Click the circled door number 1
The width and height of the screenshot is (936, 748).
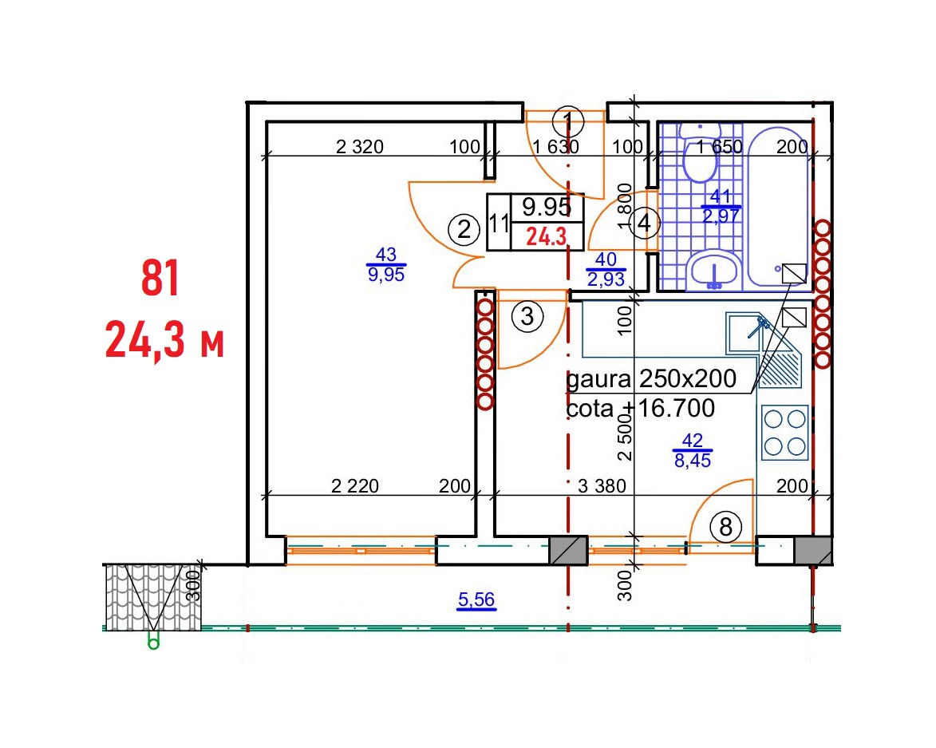pos(567,122)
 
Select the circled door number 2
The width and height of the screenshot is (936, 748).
pos(464,229)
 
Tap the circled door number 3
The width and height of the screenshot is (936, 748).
pos(527,316)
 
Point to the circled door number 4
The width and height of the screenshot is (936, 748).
pos(643,224)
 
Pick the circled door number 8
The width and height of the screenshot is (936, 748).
pos(726,527)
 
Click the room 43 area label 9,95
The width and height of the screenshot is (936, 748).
pos(386,275)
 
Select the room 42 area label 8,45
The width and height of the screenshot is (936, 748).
pos(693,461)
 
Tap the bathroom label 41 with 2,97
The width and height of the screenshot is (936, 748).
pos(721,206)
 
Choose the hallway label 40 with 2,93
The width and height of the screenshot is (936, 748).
pos(606,269)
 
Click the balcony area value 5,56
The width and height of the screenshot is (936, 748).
pos(476,599)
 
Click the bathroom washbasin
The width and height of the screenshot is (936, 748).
pos(713,271)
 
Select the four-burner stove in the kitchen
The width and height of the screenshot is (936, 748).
pos(785,433)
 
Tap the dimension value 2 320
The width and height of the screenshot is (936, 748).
pos(359,146)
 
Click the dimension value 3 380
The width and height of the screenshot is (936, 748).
pos(602,486)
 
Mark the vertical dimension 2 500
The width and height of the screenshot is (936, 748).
pos(624,437)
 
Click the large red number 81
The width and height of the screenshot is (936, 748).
pos(160,279)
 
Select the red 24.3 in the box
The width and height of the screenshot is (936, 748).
pos(546,236)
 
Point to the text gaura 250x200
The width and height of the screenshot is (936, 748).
pos(650,378)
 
